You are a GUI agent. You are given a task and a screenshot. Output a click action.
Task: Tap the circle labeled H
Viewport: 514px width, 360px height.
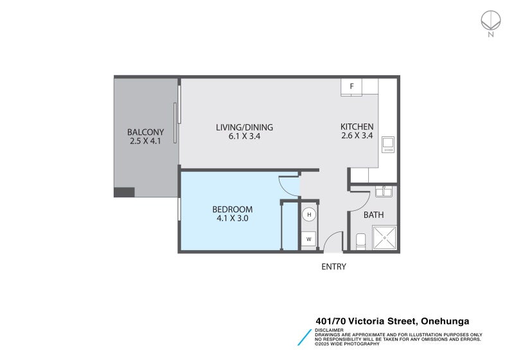[x=309, y=215]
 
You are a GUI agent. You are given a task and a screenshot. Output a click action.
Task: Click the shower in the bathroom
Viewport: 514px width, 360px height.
[x=385, y=238]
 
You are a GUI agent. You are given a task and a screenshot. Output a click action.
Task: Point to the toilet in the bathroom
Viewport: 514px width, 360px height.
[x=360, y=242]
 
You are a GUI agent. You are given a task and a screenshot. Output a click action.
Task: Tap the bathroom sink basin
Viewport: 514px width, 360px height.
[x=384, y=191]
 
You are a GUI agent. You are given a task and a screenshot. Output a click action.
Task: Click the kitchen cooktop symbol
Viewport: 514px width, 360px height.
[x=387, y=145]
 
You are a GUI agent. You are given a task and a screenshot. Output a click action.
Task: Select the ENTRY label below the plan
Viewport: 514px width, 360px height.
[x=333, y=267]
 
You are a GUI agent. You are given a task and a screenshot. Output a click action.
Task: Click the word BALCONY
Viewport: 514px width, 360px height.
[x=145, y=132]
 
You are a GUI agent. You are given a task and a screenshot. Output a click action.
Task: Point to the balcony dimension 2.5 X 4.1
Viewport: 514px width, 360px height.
[x=145, y=141]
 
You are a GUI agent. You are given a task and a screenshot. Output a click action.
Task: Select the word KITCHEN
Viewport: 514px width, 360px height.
[x=357, y=127]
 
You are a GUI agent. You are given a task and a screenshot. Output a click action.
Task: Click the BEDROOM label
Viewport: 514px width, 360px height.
[x=233, y=210]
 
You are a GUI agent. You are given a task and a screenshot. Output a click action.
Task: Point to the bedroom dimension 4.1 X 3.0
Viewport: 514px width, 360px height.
[x=233, y=219]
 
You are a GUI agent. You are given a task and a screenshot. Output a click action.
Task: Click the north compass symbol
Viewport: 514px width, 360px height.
[x=490, y=22]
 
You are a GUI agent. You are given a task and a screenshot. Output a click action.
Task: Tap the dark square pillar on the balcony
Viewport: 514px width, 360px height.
[x=124, y=192]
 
